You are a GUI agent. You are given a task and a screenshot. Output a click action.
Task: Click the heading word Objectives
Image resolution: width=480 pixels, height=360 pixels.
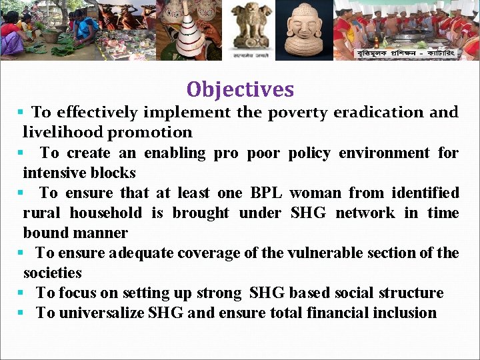(x=240, y=89)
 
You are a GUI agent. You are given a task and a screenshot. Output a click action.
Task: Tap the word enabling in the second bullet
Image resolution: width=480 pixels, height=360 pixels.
(x=175, y=153)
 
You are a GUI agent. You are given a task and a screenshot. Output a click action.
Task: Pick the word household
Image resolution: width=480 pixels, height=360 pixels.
(x=105, y=213)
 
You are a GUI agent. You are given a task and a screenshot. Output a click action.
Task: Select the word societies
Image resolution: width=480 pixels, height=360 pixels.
(x=52, y=273)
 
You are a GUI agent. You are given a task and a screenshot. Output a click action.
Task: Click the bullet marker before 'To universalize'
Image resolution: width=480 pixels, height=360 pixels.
(x=21, y=313)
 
